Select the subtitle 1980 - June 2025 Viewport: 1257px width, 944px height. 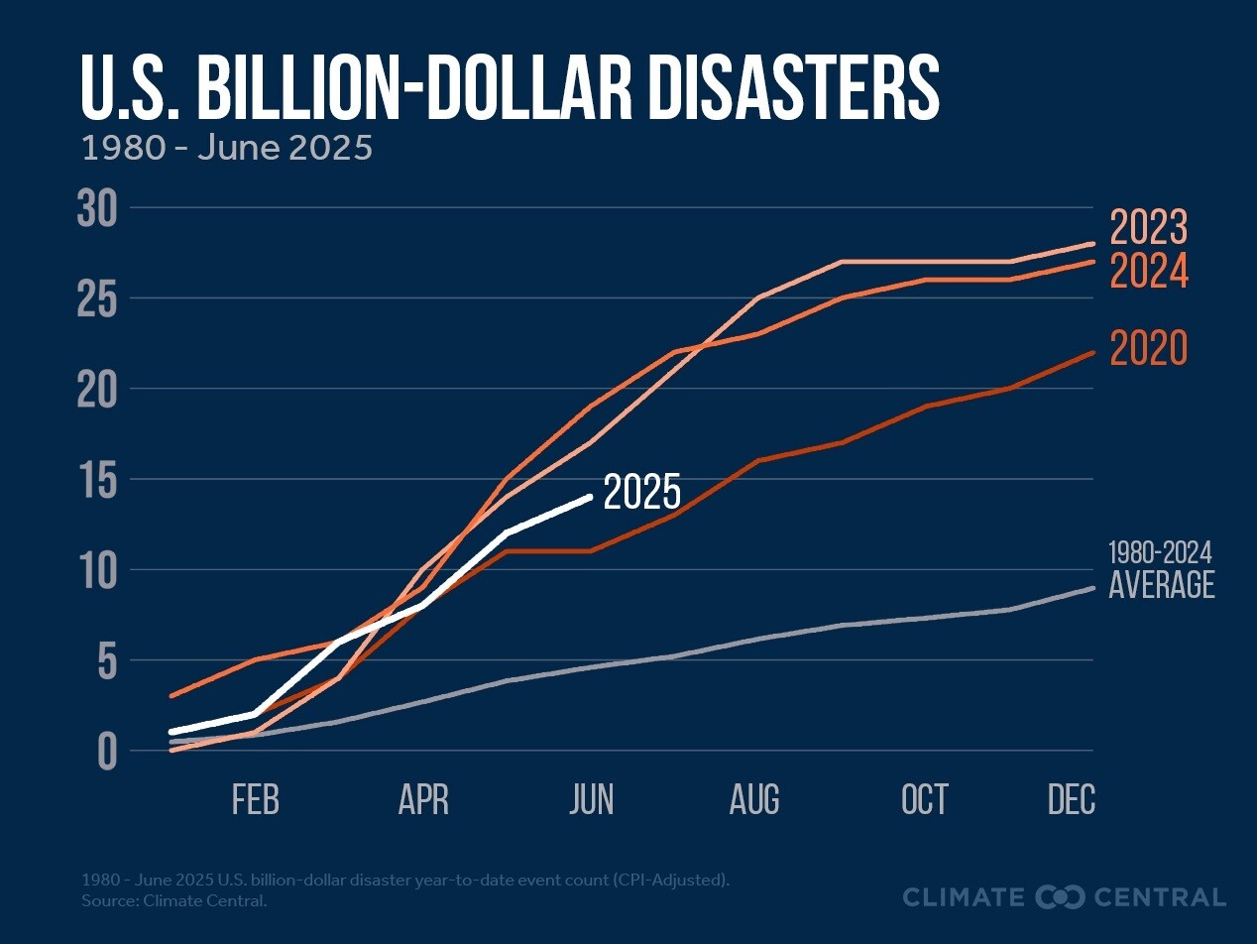(226, 148)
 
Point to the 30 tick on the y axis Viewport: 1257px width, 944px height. (97, 209)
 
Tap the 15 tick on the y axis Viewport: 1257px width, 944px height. (97, 480)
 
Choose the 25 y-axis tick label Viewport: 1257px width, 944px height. (97, 299)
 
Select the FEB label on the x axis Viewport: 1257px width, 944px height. (256, 800)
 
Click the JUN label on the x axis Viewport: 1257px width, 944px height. (592, 800)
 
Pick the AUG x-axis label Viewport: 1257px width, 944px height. (754, 800)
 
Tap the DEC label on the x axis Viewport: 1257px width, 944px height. (1072, 800)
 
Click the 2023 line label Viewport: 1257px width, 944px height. (1148, 228)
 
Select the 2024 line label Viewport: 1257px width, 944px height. (1148, 272)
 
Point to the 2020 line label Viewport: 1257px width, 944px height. (1148, 349)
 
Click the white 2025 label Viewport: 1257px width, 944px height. (642, 493)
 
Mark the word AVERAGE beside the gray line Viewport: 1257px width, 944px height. (1161, 585)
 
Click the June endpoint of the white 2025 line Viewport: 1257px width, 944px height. (591, 497)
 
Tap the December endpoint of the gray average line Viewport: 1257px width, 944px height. (1091, 588)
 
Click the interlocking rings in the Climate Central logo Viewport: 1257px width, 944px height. (1060, 897)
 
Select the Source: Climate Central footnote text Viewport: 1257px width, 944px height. (174, 901)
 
